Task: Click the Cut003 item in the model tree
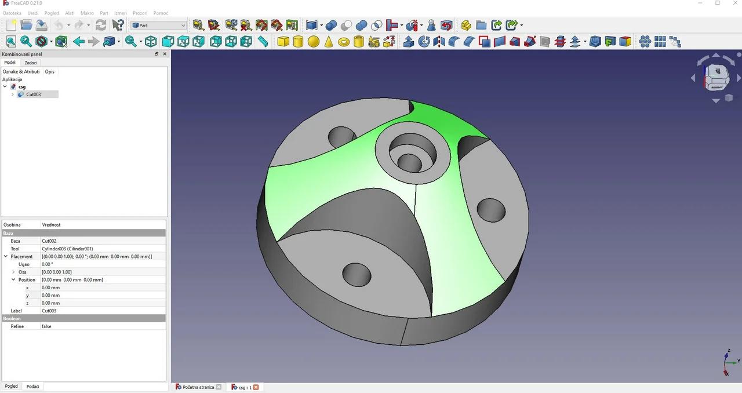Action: click(33, 94)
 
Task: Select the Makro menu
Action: click(87, 13)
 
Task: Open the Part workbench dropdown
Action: click(159, 26)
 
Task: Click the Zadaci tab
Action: click(31, 63)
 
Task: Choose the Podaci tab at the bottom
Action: click(33, 387)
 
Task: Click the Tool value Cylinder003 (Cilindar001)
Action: click(67, 249)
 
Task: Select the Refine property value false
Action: click(46, 326)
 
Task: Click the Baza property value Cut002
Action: click(49, 241)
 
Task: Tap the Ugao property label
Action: click(24, 264)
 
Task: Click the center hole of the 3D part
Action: click(410, 162)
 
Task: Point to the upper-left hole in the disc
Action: click(341, 137)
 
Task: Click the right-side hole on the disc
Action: click(491, 210)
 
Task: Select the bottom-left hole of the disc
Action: click(357, 274)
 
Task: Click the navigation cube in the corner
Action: click(716, 77)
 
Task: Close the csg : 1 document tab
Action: click(256, 387)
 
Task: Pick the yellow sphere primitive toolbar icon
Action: click(314, 42)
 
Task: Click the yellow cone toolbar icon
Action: click(329, 42)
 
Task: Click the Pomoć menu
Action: click(161, 13)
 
